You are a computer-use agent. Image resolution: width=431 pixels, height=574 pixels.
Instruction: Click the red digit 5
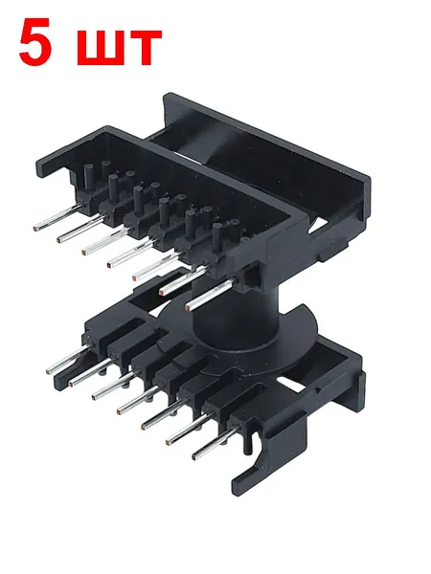(x=34, y=41)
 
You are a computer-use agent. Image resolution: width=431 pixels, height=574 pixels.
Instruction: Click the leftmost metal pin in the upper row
(x=57, y=217)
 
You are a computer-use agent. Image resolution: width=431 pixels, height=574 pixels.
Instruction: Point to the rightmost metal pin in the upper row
(x=210, y=295)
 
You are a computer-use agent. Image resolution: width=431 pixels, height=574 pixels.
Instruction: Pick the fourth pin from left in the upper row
(x=132, y=253)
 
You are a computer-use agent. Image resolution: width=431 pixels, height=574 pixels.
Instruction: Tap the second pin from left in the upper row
(x=80, y=230)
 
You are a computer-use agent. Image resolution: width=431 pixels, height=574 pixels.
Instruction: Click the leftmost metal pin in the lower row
(x=68, y=360)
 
